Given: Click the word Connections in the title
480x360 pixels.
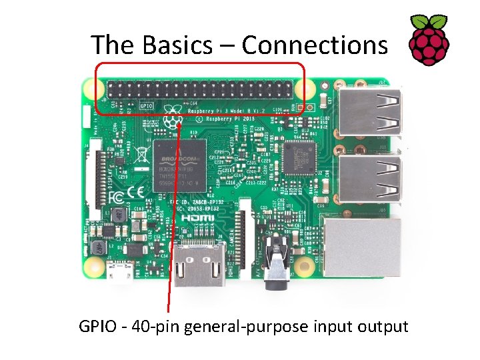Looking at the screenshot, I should click(314, 45).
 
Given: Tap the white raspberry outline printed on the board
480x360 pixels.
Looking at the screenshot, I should click(173, 121).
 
